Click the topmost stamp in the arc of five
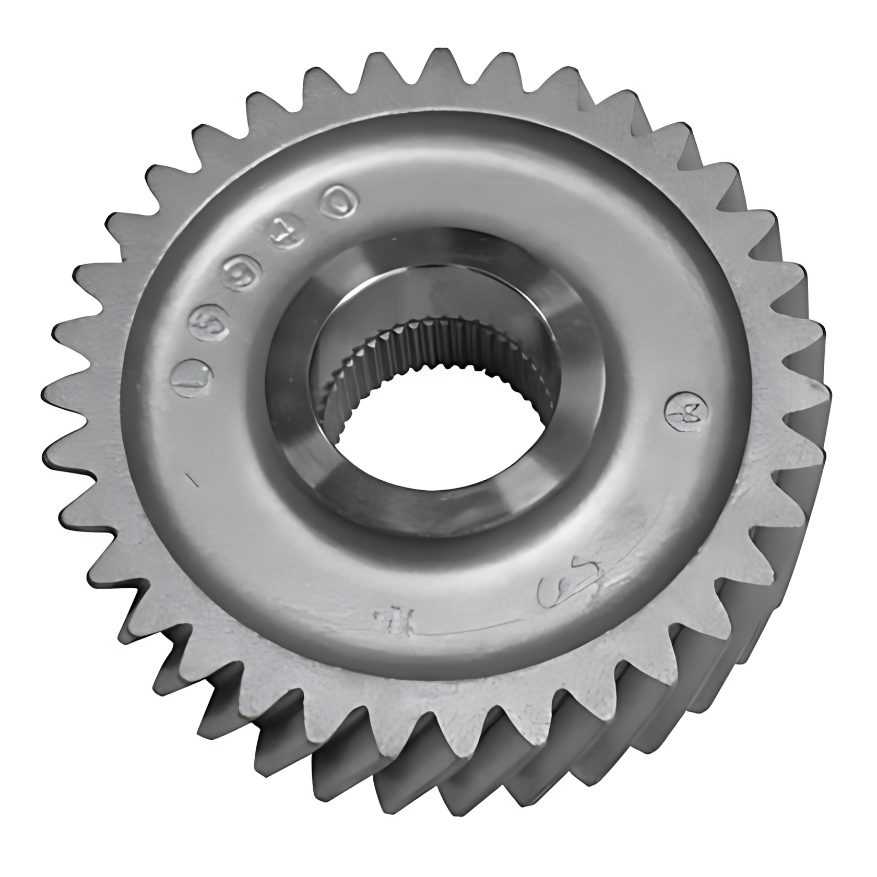pyautogui.click(x=340, y=201)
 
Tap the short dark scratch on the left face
pyautogui.click(x=192, y=479)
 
